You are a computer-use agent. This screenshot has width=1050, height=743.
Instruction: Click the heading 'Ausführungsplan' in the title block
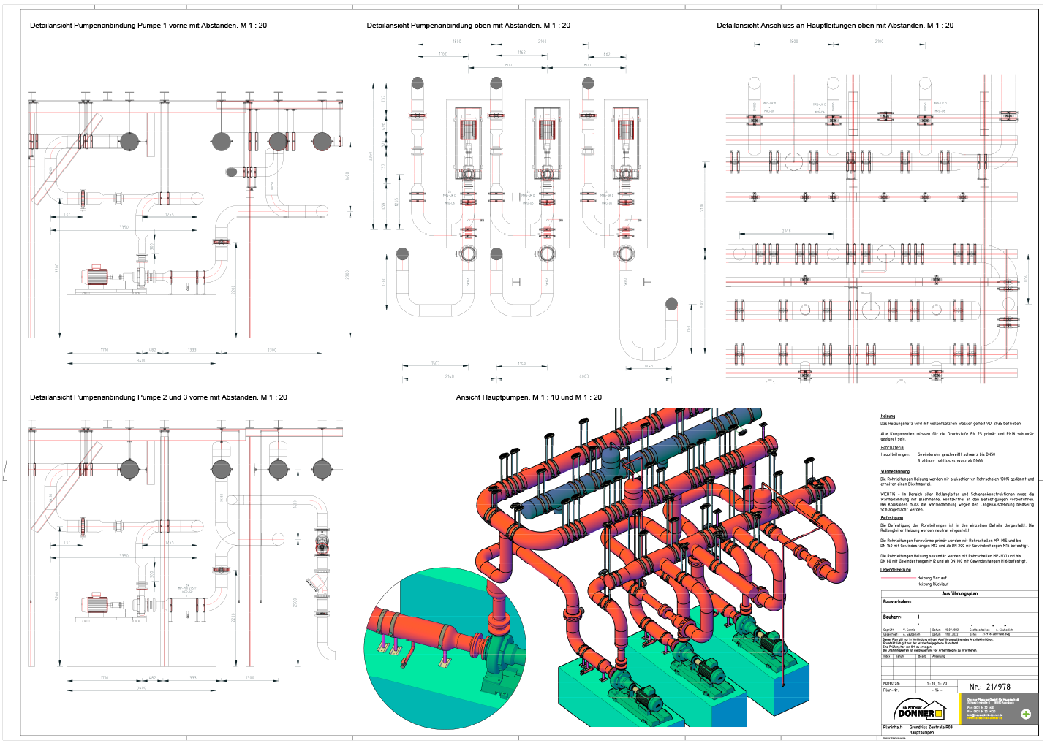[x=959, y=594]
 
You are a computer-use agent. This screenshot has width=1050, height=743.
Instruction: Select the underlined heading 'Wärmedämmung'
[x=894, y=472]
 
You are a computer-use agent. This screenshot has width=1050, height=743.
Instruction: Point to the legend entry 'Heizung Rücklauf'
[x=932, y=584]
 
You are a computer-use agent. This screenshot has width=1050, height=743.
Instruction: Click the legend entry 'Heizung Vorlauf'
[x=932, y=578]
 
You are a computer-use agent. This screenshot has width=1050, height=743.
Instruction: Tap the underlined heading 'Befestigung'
[x=891, y=518]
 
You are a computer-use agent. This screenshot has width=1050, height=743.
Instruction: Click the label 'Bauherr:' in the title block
[x=891, y=617]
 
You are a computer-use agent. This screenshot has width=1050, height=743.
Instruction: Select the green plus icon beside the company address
[x=1025, y=714]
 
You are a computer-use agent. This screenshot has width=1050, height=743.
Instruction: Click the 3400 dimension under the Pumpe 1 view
[x=141, y=361]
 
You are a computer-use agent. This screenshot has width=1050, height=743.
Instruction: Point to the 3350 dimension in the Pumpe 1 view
[x=124, y=227]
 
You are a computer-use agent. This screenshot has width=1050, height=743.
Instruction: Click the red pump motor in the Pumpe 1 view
[x=94, y=276]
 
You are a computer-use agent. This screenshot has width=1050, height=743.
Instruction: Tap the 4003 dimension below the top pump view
[x=583, y=377]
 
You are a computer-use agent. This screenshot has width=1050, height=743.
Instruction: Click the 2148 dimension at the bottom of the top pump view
[x=449, y=377]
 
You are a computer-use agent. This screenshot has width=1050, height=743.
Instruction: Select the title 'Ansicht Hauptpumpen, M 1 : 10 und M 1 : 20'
[x=529, y=397]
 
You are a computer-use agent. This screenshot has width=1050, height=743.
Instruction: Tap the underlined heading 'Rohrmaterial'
[x=892, y=448]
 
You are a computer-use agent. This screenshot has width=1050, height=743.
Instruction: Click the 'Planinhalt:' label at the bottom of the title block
[x=892, y=728]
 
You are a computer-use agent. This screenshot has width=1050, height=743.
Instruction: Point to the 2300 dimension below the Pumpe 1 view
[x=271, y=351]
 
